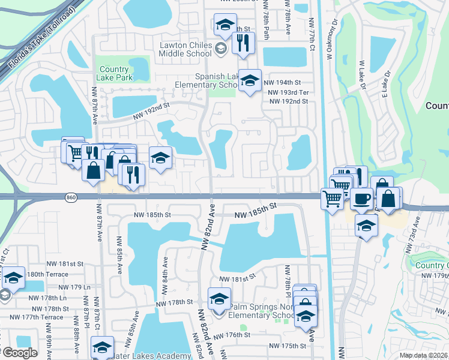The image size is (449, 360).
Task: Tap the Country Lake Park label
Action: (x=114, y=73)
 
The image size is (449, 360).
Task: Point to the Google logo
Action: (x=20, y=353)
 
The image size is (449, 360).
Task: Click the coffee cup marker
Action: (x=361, y=199)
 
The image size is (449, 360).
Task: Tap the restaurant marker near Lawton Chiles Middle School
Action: (x=243, y=43)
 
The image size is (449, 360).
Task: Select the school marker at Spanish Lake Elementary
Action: (x=250, y=80)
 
